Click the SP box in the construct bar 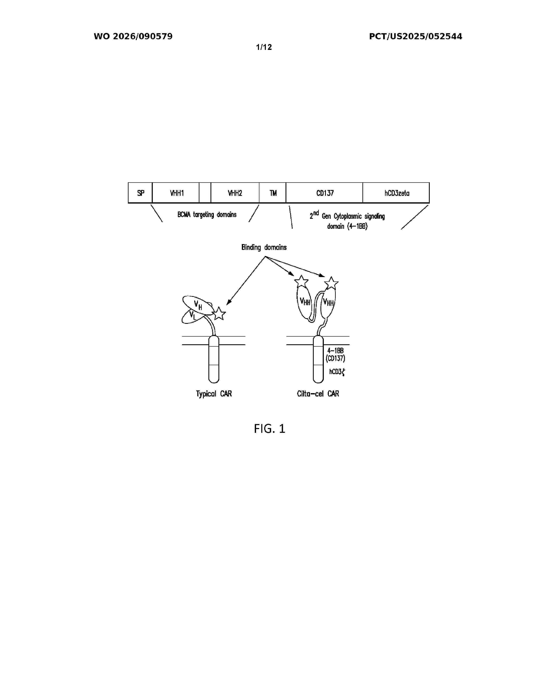pyautogui.click(x=140, y=193)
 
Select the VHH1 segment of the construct pyautogui.click(x=176, y=193)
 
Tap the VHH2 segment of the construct pyautogui.click(x=235, y=193)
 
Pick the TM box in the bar pyautogui.click(x=273, y=193)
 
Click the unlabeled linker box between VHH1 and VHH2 pyautogui.click(x=205, y=193)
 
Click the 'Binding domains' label pyautogui.click(x=264, y=247)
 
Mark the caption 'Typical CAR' pyautogui.click(x=214, y=394)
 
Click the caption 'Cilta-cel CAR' pyautogui.click(x=318, y=394)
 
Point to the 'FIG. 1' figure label pyautogui.click(x=270, y=429)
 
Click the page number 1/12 pyautogui.click(x=264, y=47)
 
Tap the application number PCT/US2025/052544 pyautogui.click(x=416, y=37)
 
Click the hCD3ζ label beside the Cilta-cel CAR pyautogui.click(x=337, y=372)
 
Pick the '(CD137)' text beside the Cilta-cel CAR pyautogui.click(x=335, y=358)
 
